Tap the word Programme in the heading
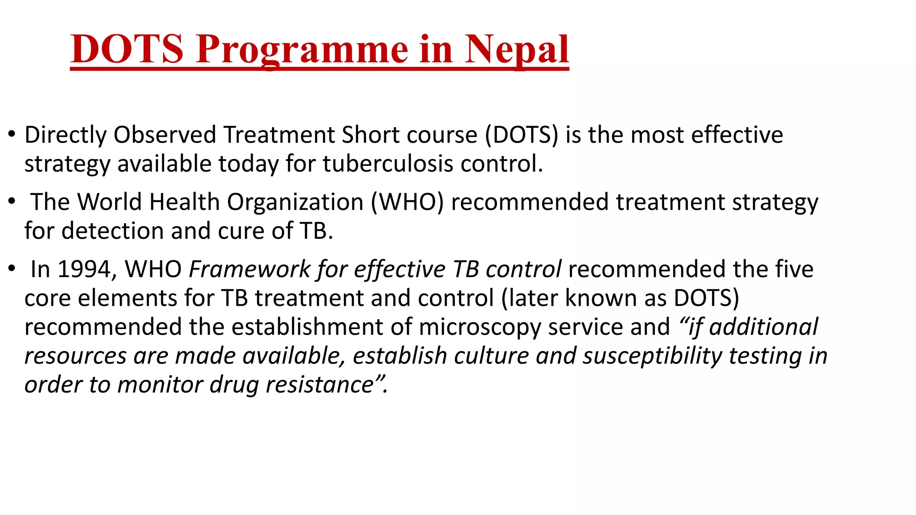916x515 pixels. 302,50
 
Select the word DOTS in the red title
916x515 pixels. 127,49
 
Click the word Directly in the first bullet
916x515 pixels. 65,135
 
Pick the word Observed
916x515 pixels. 165,135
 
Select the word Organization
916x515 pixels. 295,202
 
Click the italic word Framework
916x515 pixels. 250,269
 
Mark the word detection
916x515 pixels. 112,231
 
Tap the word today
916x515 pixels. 249,164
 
